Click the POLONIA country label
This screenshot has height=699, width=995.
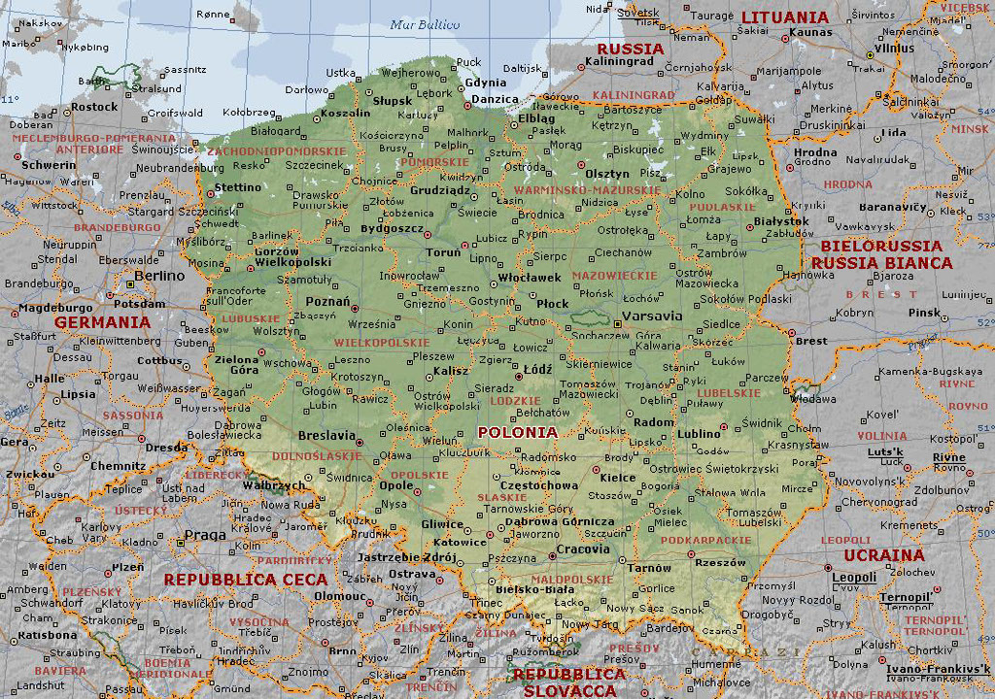(x=518, y=432)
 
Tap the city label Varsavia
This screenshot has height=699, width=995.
(x=651, y=316)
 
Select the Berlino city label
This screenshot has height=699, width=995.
(x=159, y=276)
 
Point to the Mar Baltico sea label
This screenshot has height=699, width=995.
(x=425, y=25)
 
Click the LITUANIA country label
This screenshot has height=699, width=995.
(x=785, y=17)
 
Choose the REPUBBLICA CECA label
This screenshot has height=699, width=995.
(x=245, y=580)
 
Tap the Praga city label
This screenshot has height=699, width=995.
(x=205, y=535)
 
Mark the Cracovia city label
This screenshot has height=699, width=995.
(x=583, y=549)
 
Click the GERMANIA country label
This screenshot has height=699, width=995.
(x=102, y=322)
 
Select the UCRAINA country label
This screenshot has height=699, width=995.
(x=884, y=555)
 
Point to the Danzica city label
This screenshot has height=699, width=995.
(x=496, y=100)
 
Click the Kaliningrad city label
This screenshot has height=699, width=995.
(x=620, y=62)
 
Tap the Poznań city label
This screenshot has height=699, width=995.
(x=327, y=302)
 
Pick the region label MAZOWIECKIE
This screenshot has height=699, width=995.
(x=614, y=276)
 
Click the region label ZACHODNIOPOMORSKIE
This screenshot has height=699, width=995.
(x=276, y=152)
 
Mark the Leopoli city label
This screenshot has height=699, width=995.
(x=854, y=578)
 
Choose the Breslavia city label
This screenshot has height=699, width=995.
(x=326, y=436)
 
